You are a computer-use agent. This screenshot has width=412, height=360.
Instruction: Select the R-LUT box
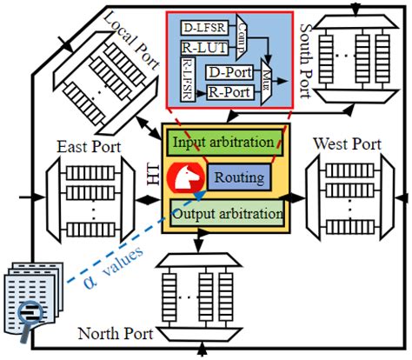pos(200,48)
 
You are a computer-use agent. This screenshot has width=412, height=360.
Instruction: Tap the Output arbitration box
pos(227,212)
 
